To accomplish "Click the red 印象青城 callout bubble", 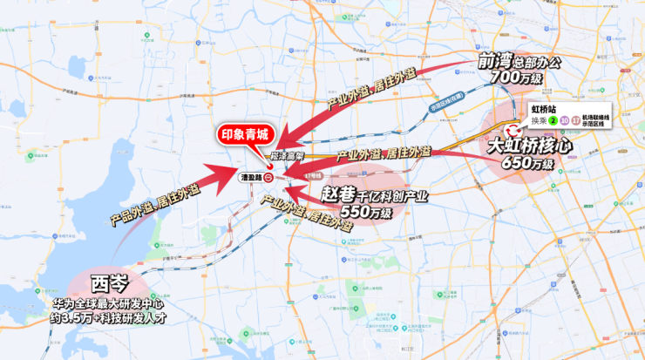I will (x=246, y=137).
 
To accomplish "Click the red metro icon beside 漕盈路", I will (x=270, y=176).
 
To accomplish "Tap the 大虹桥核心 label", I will (x=529, y=146).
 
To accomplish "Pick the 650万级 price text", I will (x=528, y=163).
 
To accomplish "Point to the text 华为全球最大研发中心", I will (x=111, y=305).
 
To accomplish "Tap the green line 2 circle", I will (x=552, y=120).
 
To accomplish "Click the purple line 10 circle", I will (x=565, y=120).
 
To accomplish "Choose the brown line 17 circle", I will (x=576, y=120).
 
